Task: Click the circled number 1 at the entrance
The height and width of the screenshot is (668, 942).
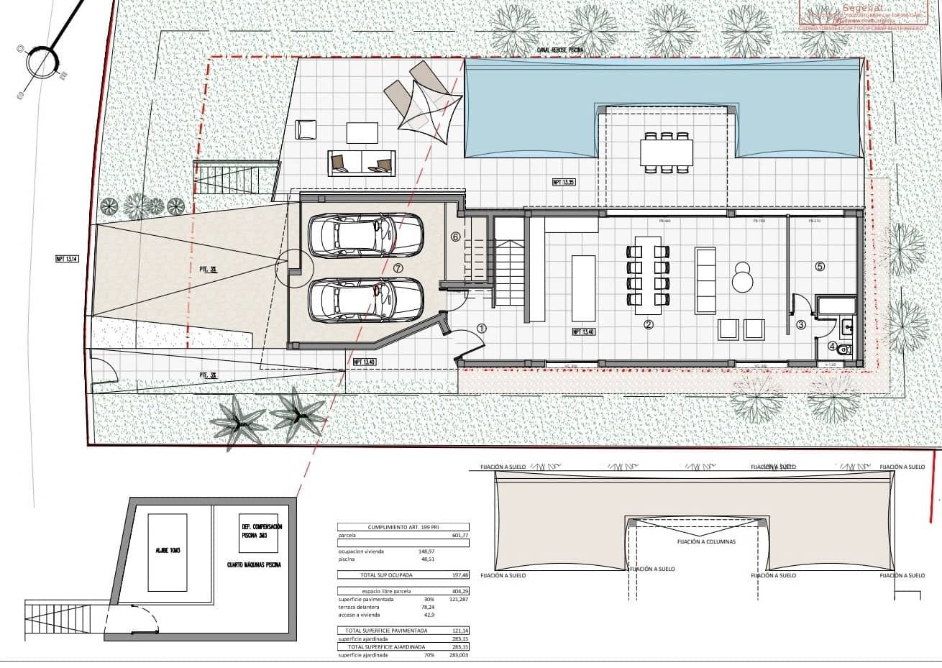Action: tap(482, 328)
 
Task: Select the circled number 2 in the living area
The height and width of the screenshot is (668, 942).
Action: tap(649, 324)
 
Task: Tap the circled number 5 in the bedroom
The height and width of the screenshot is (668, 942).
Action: tap(820, 265)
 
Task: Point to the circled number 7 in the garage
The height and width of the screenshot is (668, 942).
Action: tap(398, 267)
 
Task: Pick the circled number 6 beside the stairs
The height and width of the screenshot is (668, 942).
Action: tap(454, 236)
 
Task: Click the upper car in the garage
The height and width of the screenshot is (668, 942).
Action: tap(365, 236)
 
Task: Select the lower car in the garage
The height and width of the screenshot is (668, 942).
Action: tap(365, 299)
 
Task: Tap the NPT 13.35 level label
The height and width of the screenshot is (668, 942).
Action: tap(564, 183)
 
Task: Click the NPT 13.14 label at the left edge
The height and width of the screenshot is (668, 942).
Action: tap(66, 259)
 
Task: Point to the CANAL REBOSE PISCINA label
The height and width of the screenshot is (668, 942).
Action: tap(560, 50)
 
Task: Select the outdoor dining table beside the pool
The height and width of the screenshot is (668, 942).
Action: tap(667, 152)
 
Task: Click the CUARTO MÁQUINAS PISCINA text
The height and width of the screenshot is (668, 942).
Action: tap(253, 564)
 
